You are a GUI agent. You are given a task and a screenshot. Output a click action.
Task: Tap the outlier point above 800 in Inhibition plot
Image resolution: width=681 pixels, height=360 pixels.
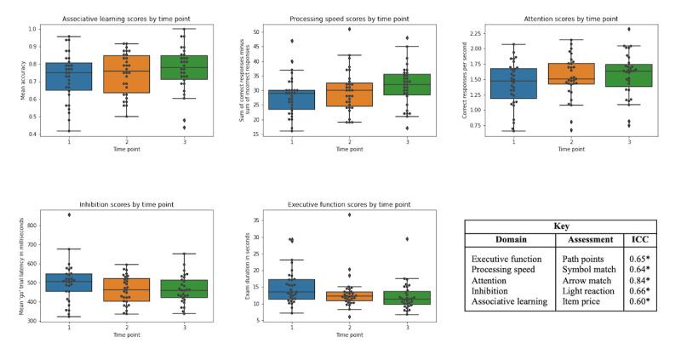pyautogui.click(x=69, y=214)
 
